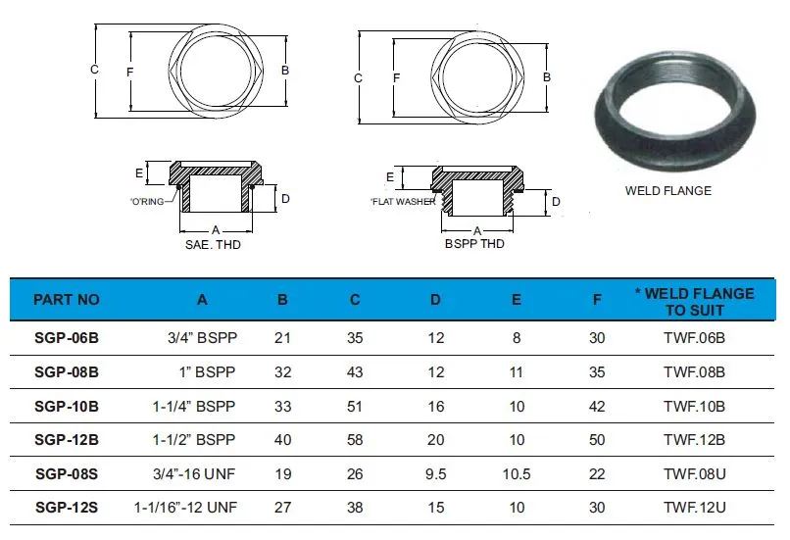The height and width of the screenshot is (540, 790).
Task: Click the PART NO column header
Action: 66,300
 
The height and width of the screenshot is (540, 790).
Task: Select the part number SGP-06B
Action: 67,337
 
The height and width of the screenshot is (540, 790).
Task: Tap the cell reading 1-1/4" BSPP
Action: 194,406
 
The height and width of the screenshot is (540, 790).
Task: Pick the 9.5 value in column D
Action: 436,474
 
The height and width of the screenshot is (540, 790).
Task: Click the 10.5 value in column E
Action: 517,474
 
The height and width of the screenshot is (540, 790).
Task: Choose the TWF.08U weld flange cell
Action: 694,474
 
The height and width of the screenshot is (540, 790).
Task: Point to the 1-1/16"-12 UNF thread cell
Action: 185,508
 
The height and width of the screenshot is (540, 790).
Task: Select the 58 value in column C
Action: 355,440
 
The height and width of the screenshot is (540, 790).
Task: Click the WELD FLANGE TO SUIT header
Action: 695,301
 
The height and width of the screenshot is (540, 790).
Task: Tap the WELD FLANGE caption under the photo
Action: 668,191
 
